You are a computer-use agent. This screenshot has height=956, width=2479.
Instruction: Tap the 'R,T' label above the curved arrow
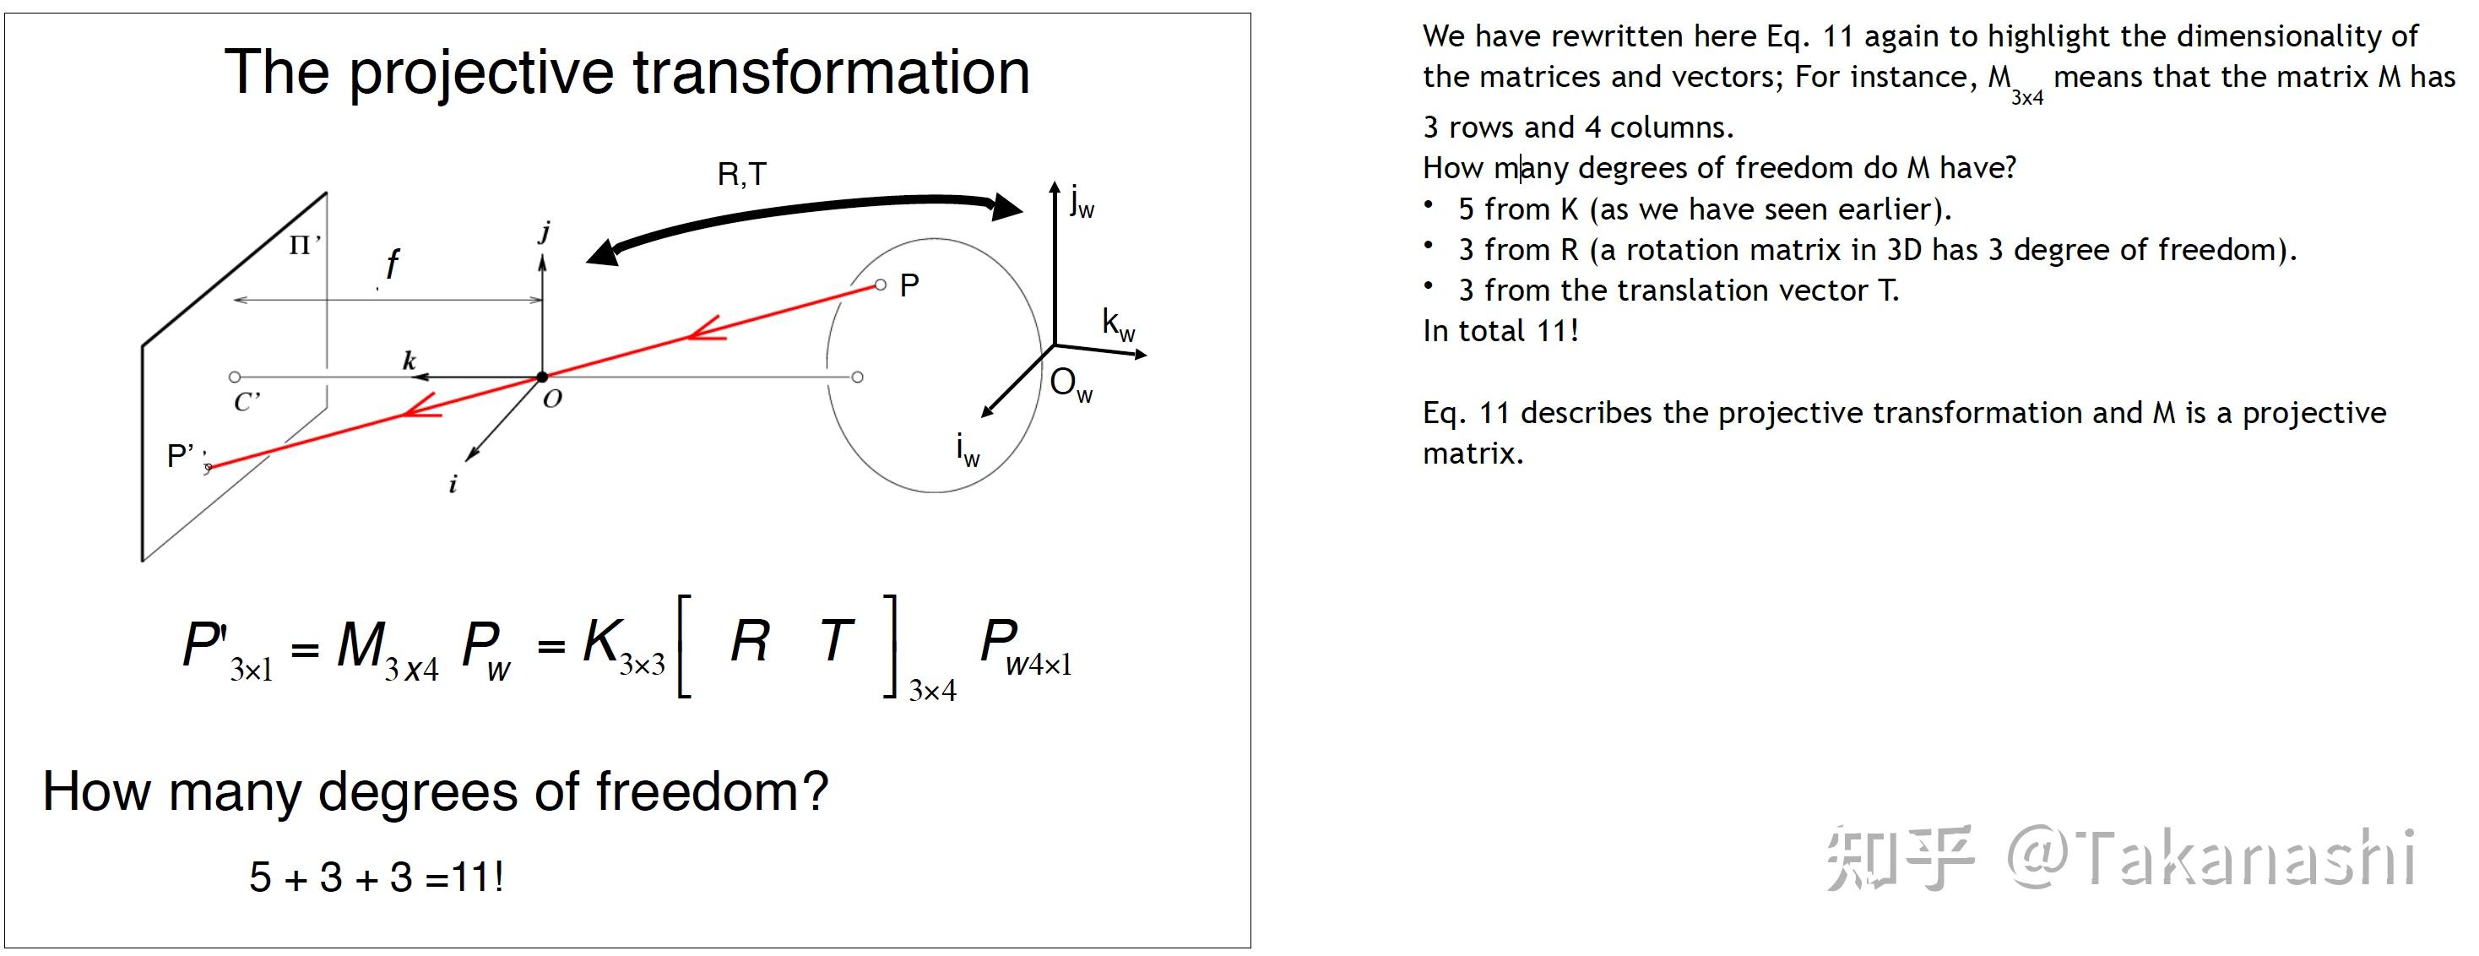pyautogui.click(x=742, y=174)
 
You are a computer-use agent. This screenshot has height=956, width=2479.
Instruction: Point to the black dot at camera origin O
pyautogui.click(x=542, y=378)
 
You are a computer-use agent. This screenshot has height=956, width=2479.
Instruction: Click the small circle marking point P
pyautogui.click(x=880, y=285)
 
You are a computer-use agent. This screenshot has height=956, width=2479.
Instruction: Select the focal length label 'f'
pyautogui.click(x=392, y=263)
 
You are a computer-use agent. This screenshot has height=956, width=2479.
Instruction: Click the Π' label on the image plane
pyautogui.click(x=304, y=246)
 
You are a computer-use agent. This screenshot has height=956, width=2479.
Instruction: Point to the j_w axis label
pyautogui.click(x=1082, y=202)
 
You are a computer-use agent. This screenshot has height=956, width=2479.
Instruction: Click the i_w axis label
pyautogui.click(x=967, y=449)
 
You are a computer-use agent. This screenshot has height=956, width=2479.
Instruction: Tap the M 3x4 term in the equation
pyautogui.click(x=387, y=648)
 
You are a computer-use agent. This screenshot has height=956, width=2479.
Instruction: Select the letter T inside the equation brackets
pyautogui.click(x=836, y=641)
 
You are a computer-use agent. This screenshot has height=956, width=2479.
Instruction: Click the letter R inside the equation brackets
pyautogui.click(x=750, y=641)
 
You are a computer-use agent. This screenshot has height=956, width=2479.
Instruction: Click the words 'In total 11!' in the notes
pyautogui.click(x=1500, y=331)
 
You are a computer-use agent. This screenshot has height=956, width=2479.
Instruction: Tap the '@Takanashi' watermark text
pyautogui.click(x=2211, y=857)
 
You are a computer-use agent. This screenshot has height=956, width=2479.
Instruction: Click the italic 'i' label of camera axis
pyautogui.click(x=453, y=484)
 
